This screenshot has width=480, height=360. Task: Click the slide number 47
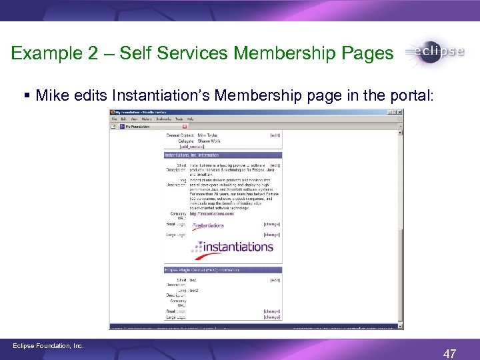pyautogui.click(x=449, y=354)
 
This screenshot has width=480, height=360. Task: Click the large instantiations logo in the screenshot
pyautogui.click(x=232, y=247)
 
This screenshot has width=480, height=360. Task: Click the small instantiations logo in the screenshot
pyautogui.click(x=207, y=225)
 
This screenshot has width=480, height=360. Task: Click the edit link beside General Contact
pyautogui.click(x=275, y=135)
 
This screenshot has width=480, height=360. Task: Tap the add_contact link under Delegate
pyautogui.click(x=179, y=147)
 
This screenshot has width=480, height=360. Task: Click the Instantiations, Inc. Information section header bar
pyautogui.click(x=223, y=155)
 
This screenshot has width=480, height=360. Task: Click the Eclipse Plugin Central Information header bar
pyautogui.click(x=223, y=270)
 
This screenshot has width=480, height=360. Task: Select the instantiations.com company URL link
pyautogui.click(x=211, y=214)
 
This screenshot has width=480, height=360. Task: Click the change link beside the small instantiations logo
pyautogui.click(x=271, y=224)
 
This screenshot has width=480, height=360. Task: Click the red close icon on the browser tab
pyautogui.click(x=185, y=126)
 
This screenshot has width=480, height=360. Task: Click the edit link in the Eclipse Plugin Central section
pyautogui.click(x=275, y=280)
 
